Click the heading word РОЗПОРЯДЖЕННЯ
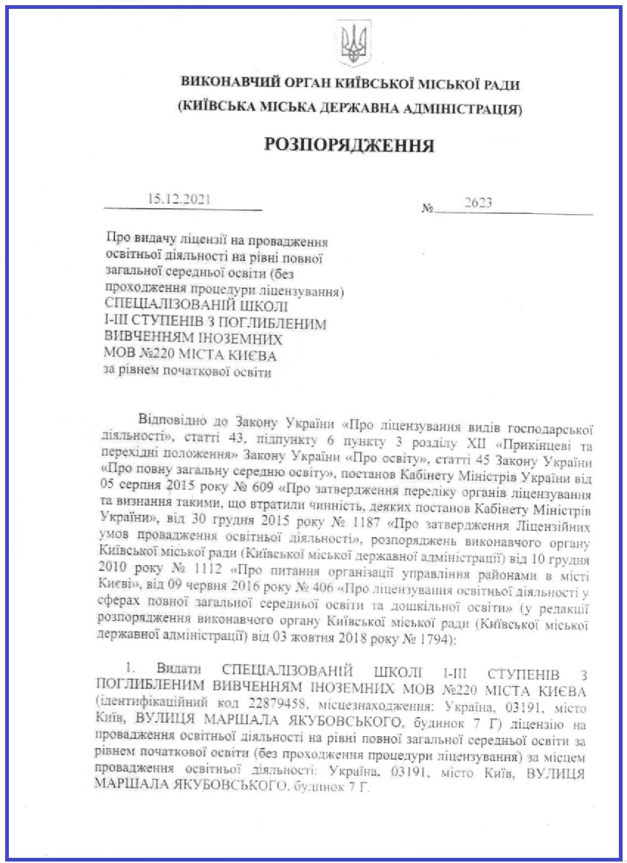(349, 144)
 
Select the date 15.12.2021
(179, 198)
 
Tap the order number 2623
(478, 204)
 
